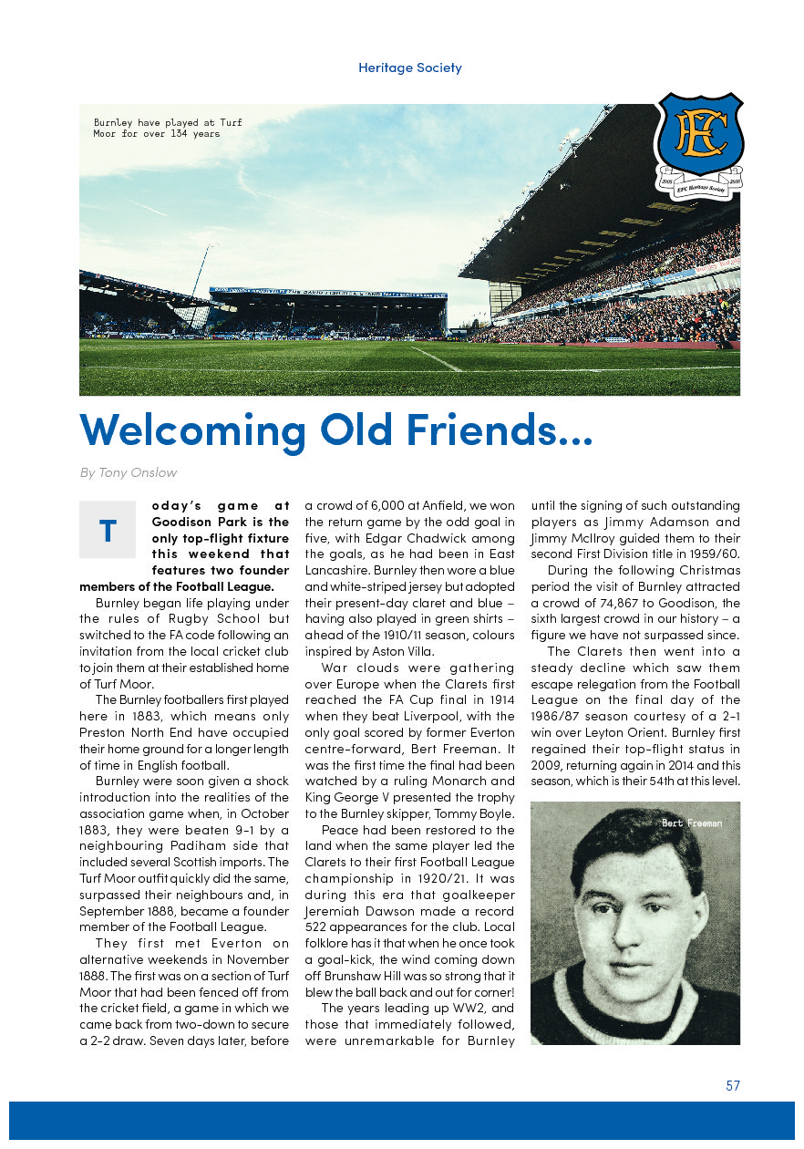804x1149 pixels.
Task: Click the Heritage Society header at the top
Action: pyautogui.click(x=409, y=67)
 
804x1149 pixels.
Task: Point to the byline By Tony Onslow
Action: pyautogui.click(x=129, y=472)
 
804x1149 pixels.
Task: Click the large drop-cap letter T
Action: pyautogui.click(x=108, y=531)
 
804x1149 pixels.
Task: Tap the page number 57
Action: pyautogui.click(x=733, y=1086)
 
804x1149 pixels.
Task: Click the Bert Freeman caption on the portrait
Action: pyautogui.click(x=692, y=823)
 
